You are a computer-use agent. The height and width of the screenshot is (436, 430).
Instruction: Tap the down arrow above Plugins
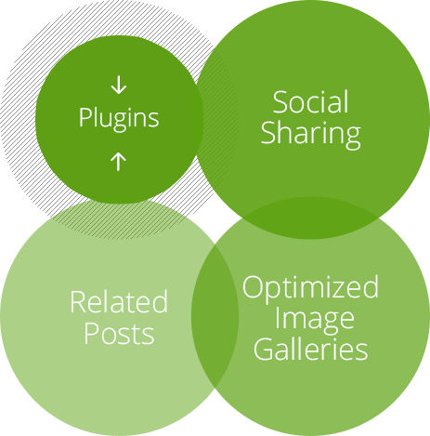click(x=119, y=86)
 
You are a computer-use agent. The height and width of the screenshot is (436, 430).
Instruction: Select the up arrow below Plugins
click(x=119, y=162)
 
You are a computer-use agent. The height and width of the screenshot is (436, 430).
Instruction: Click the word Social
click(x=311, y=102)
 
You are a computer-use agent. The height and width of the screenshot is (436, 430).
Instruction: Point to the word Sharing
click(x=311, y=135)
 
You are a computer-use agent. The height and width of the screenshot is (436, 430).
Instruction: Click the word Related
click(x=119, y=301)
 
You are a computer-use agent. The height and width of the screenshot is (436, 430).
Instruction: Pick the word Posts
click(x=119, y=334)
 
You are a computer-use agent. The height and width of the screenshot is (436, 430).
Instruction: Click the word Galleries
click(x=311, y=349)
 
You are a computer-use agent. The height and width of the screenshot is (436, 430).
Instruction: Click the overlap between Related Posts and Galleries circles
click(x=215, y=316)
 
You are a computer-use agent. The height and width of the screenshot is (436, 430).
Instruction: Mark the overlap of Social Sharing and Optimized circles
click(x=309, y=218)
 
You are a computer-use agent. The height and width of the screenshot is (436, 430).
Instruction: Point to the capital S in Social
click(x=280, y=102)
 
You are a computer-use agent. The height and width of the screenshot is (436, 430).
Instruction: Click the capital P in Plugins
click(x=85, y=117)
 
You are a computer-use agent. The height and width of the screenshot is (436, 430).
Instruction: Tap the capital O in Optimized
click(x=253, y=286)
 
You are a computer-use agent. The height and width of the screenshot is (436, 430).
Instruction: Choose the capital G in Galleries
click(x=263, y=349)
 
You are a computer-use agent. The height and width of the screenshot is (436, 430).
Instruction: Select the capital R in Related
click(x=78, y=301)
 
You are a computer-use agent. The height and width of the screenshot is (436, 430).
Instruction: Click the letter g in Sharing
click(x=353, y=139)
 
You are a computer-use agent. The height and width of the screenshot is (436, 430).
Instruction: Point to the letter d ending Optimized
click(x=371, y=286)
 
